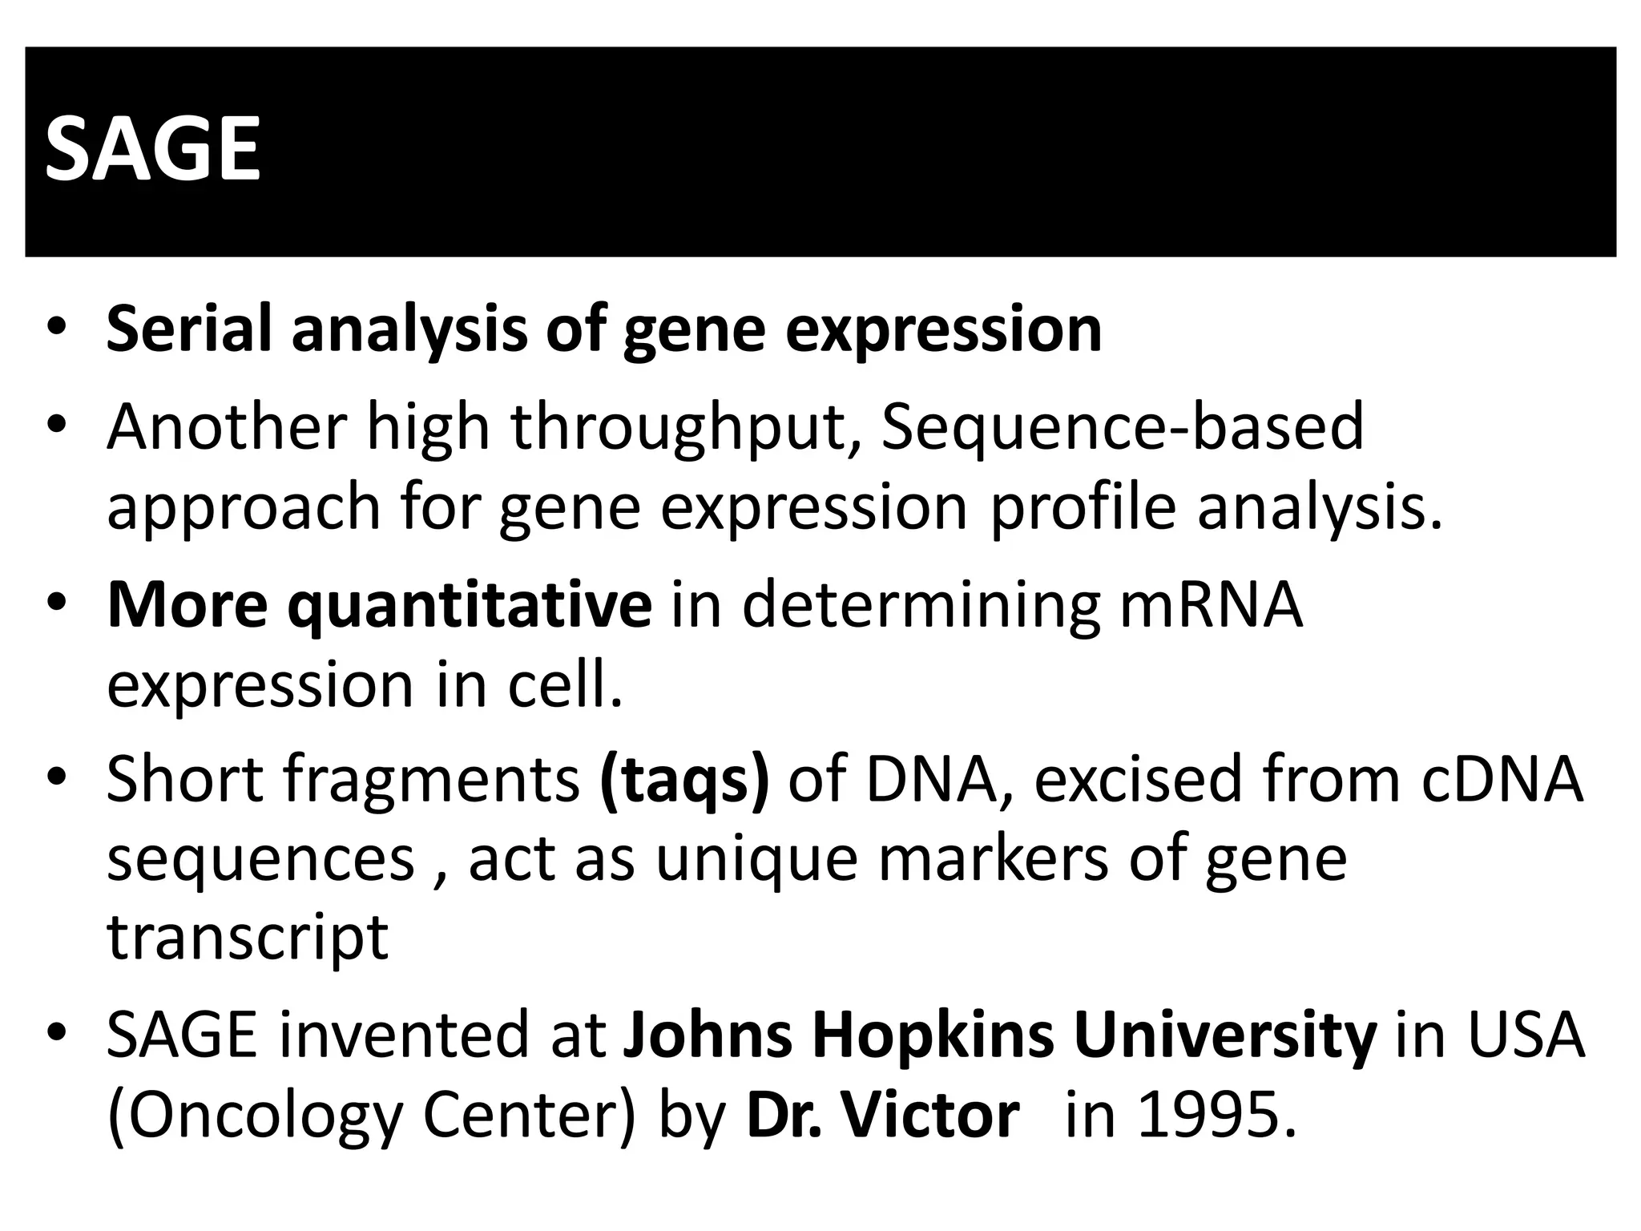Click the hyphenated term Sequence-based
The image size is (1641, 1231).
(x=1122, y=426)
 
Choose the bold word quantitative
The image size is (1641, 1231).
(x=470, y=606)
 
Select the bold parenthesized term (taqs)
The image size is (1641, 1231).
(x=684, y=779)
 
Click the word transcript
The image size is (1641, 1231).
(x=248, y=938)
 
